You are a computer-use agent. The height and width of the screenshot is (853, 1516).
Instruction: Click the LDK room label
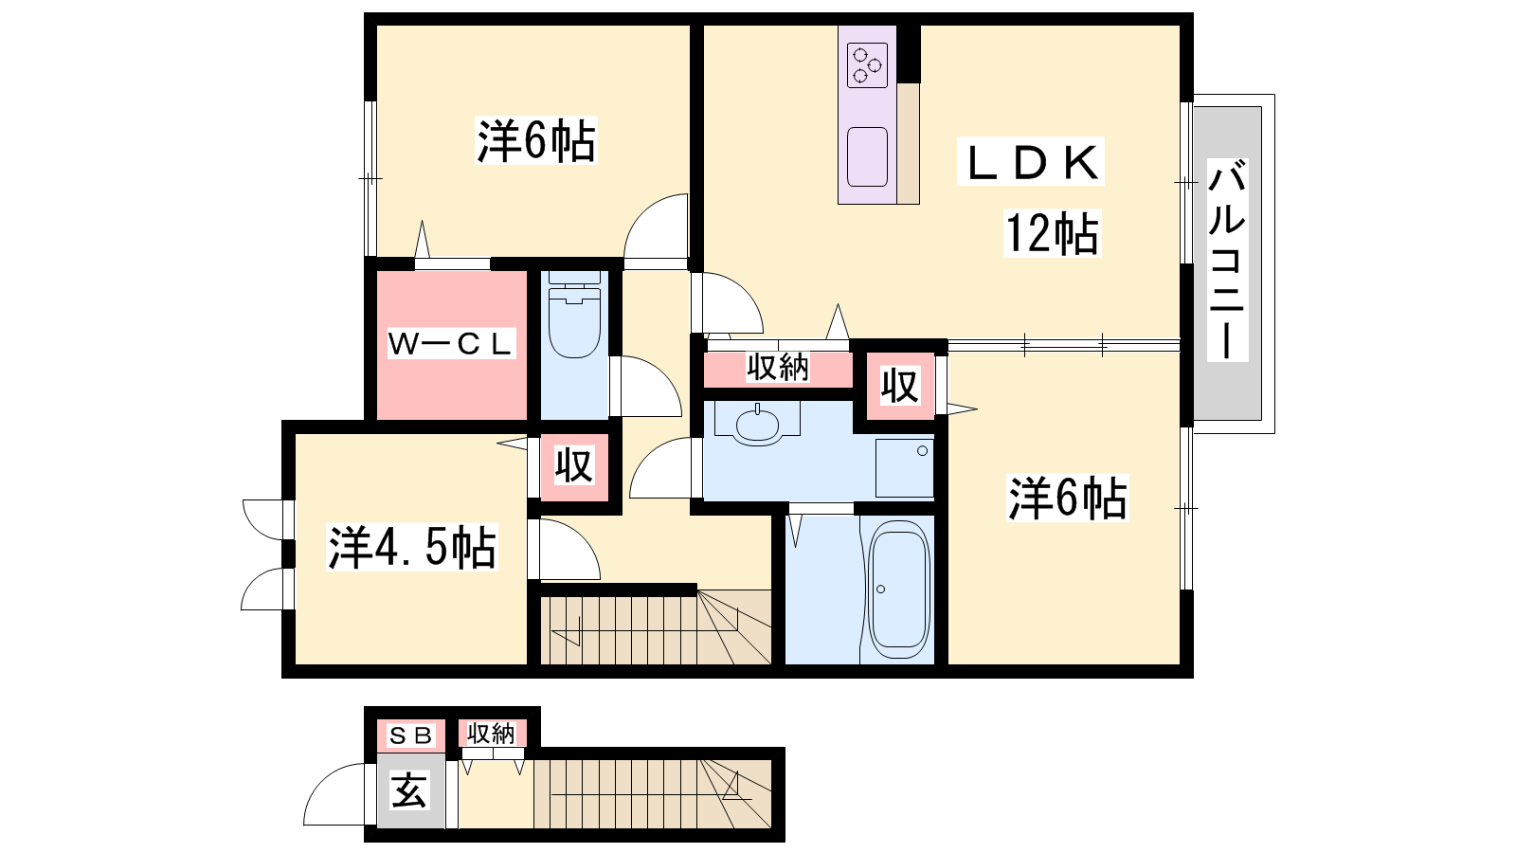[1031, 162]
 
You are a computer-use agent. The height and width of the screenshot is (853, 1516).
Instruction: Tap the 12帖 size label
[1052, 233]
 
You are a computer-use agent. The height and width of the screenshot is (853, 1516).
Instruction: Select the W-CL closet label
[450, 344]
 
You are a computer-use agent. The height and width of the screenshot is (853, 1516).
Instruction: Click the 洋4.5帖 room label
[411, 546]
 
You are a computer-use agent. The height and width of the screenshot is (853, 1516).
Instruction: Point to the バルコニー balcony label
[1227, 261]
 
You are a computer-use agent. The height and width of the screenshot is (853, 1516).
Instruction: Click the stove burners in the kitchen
[867, 65]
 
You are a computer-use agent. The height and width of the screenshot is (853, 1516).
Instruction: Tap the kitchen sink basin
[867, 156]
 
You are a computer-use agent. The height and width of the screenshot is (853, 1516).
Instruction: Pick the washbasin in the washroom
[758, 426]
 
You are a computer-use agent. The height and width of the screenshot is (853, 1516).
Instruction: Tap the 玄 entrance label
[409, 790]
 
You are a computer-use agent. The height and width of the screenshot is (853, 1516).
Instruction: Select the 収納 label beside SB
[491, 734]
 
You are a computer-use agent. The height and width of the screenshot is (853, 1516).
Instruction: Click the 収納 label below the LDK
[778, 368]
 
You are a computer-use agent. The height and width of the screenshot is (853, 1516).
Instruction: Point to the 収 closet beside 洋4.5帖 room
[574, 465]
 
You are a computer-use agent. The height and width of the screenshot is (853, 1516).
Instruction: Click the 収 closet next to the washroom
[900, 386]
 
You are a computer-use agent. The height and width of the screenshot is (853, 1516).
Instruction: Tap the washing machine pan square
[905, 468]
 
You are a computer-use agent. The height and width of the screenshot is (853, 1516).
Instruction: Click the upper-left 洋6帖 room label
[536, 141]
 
